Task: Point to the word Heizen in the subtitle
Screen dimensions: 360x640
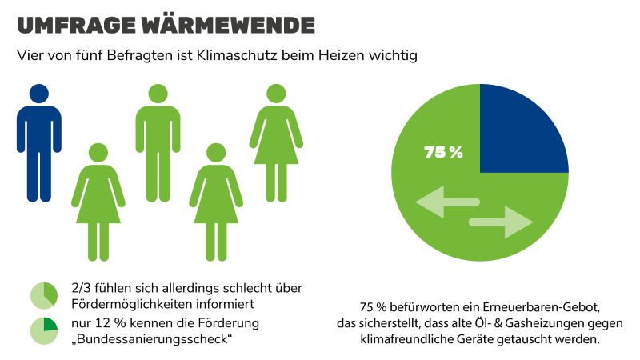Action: click(x=352, y=57)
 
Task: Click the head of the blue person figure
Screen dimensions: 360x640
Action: click(x=38, y=93)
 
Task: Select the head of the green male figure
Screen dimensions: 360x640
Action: click(x=158, y=93)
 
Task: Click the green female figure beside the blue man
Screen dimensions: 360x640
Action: click(x=98, y=196)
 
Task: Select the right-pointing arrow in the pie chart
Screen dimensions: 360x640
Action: click(x=502, y=222)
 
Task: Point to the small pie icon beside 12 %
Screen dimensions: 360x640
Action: click(x=43, y=330)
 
